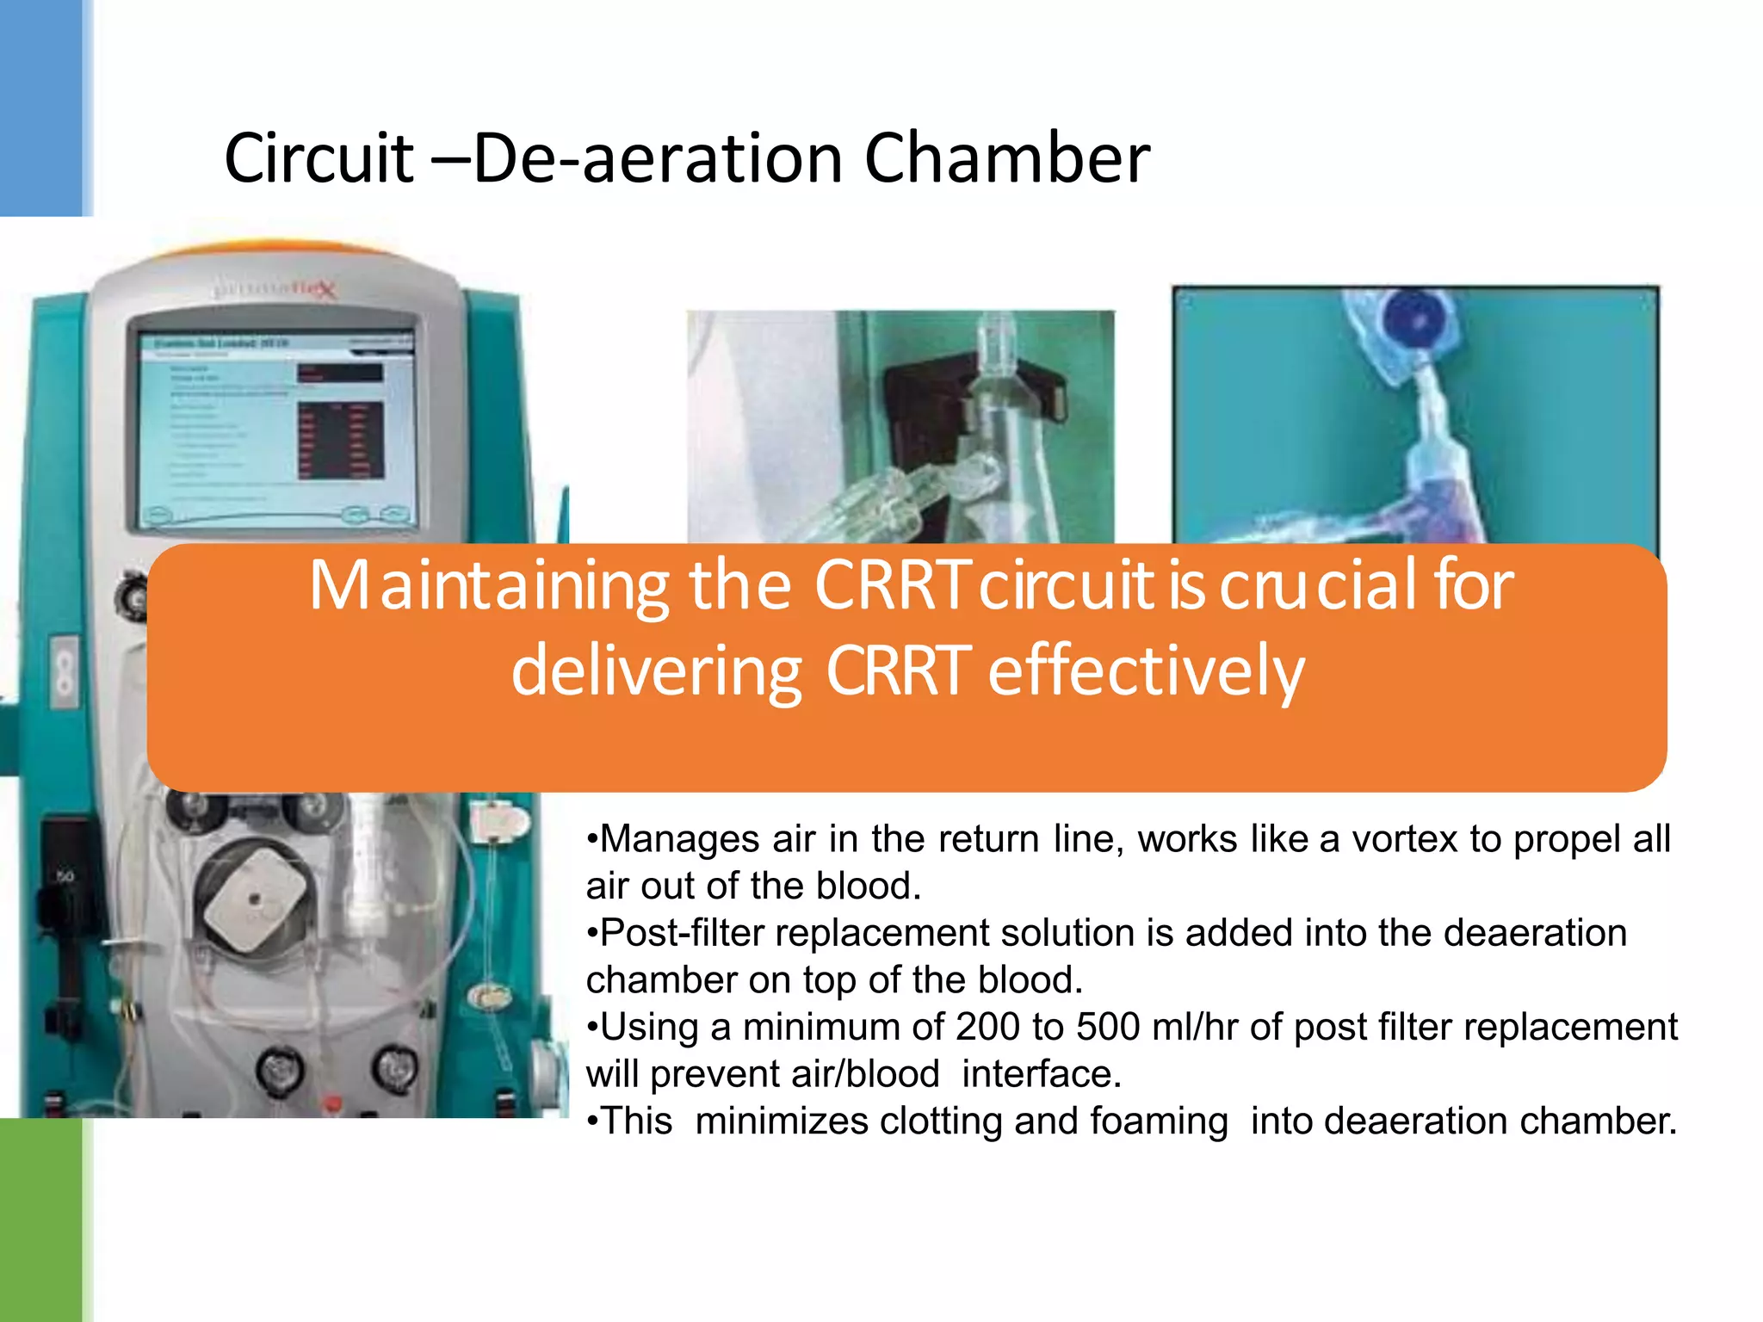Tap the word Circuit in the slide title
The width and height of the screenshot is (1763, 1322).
(x=319, y=159)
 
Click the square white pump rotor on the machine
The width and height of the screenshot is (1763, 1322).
(x=255, y=899)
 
